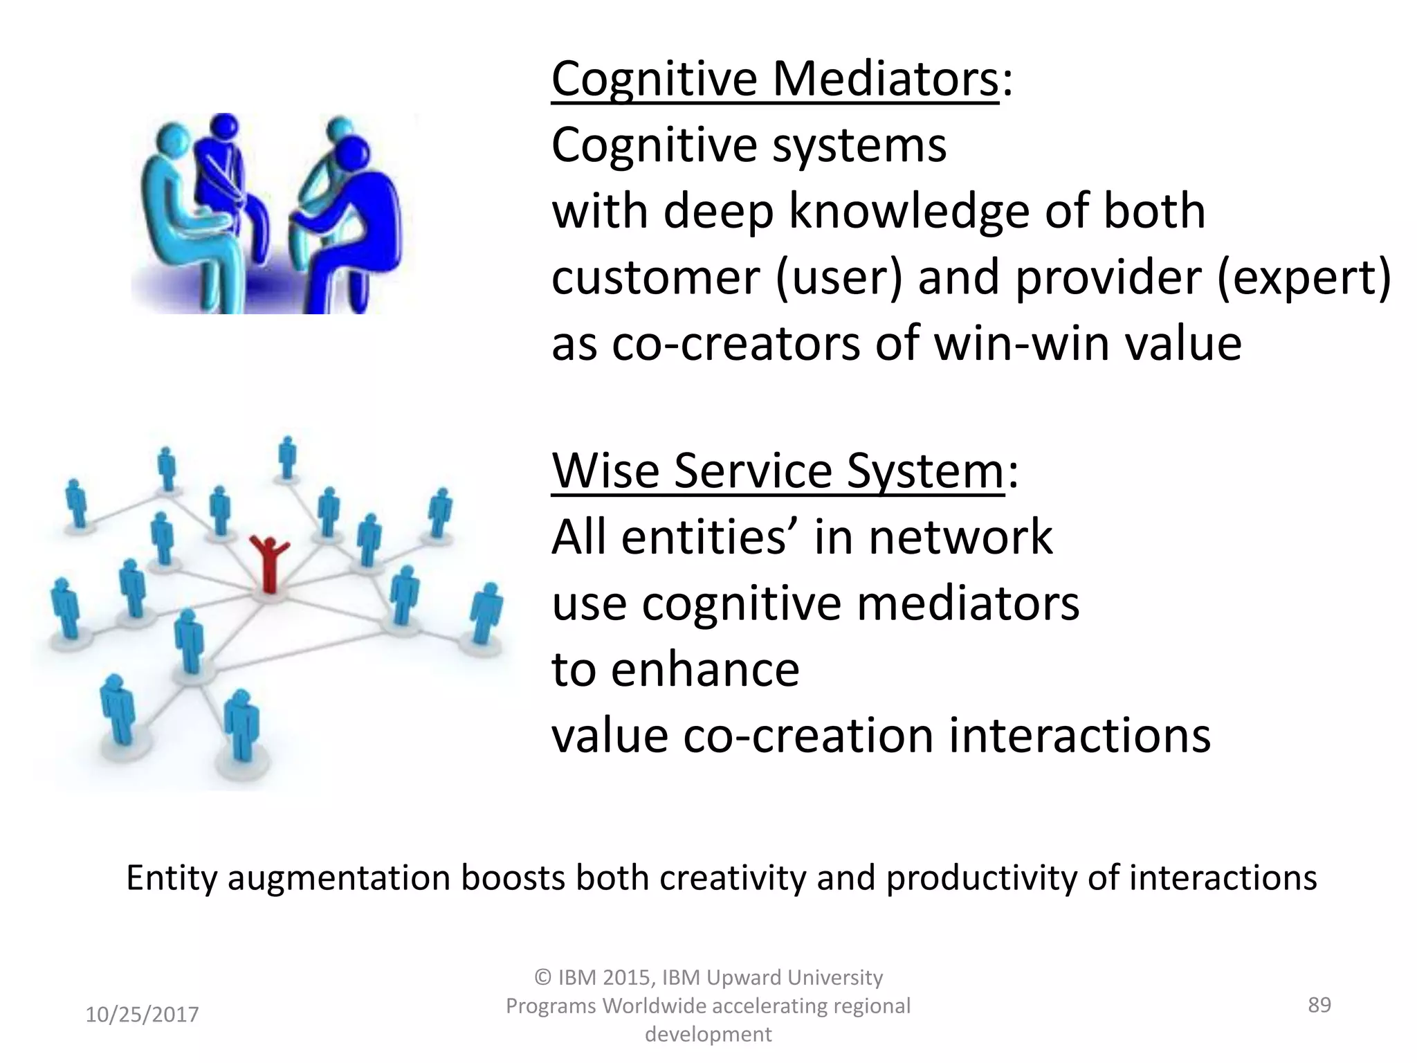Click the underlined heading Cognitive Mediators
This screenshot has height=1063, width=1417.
coord(775,80)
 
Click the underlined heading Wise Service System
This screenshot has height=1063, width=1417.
coord(777,471)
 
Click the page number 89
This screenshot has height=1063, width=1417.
coord(1319,1004)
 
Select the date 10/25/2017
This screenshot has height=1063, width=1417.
coord(142,1015)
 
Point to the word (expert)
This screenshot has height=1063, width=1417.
coord(1304,278)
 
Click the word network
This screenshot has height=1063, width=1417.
coord(960,537)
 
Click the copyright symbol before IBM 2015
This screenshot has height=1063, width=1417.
coord(543,978)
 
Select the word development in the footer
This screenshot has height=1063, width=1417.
coord(708,1034)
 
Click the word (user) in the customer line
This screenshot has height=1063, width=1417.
coord(839,278)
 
